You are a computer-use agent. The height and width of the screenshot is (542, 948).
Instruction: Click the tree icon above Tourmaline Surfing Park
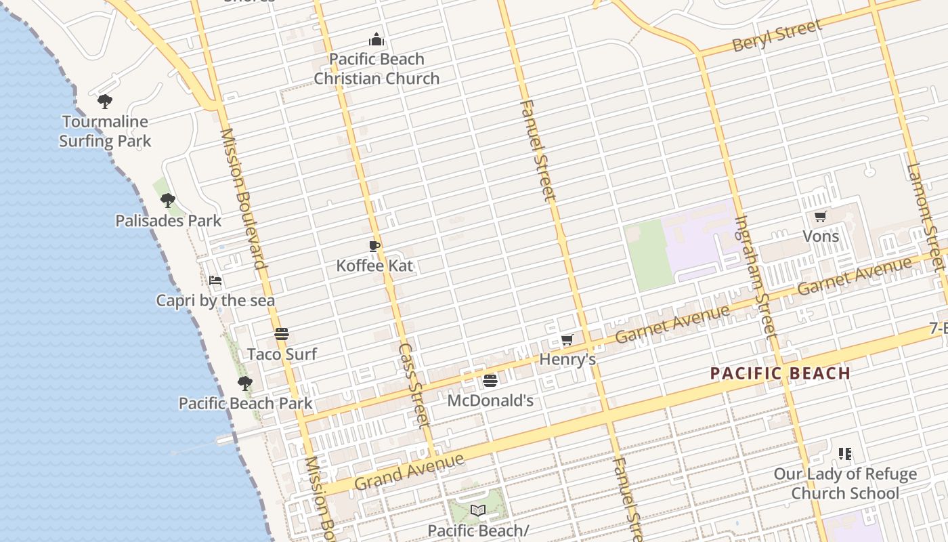104,102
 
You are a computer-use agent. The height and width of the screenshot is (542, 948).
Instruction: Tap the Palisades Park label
168,221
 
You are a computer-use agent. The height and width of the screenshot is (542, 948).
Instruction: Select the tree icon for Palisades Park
167,201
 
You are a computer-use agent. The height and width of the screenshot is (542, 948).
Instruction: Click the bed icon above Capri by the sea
215,280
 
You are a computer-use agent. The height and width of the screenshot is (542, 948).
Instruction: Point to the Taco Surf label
282,354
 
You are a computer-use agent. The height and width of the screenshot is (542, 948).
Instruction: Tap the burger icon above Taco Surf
282,333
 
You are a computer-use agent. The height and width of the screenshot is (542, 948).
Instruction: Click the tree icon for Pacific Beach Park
245,383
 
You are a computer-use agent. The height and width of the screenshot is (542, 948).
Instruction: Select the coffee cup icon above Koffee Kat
374,246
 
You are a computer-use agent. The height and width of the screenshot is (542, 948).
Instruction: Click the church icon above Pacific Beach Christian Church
376,40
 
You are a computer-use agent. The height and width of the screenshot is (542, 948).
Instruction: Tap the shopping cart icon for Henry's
567,339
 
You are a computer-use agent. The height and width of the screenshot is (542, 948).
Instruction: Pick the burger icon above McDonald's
490,381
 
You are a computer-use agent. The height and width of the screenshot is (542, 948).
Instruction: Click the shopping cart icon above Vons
821,217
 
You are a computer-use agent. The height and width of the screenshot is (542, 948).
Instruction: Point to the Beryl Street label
777,36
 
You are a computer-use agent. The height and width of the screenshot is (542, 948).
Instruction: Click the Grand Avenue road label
409,472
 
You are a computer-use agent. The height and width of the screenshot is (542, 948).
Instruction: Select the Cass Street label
413,385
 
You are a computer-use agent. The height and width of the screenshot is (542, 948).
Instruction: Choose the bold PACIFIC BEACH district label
780,373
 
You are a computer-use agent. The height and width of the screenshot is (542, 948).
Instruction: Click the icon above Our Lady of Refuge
844,453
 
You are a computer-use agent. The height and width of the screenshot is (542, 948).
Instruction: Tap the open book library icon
478,510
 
